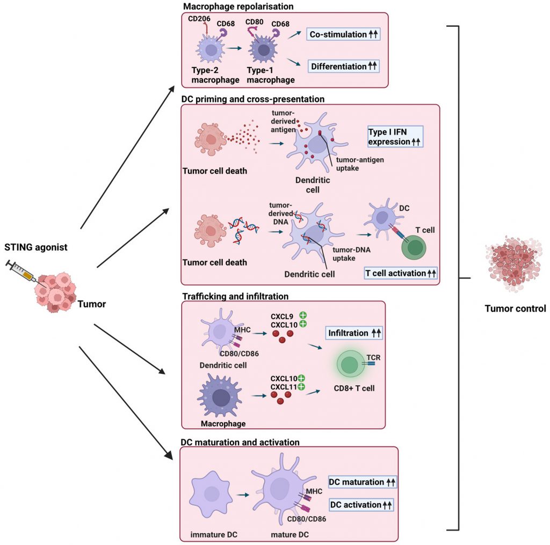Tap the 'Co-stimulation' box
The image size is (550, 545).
343,34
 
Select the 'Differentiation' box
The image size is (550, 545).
344,66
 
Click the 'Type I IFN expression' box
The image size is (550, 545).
395,137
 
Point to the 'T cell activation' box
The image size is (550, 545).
401,273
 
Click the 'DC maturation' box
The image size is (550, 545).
363,482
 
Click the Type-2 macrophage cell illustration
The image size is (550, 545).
210,49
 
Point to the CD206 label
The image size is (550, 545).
199,19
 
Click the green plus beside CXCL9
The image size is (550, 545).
303,315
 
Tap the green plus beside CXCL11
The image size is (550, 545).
301,387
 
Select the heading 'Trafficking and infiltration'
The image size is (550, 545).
235,296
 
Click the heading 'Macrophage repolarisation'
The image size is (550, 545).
238,6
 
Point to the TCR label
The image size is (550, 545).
373,357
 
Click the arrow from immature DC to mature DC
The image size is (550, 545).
243,495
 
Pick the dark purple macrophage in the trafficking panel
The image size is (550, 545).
220,396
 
